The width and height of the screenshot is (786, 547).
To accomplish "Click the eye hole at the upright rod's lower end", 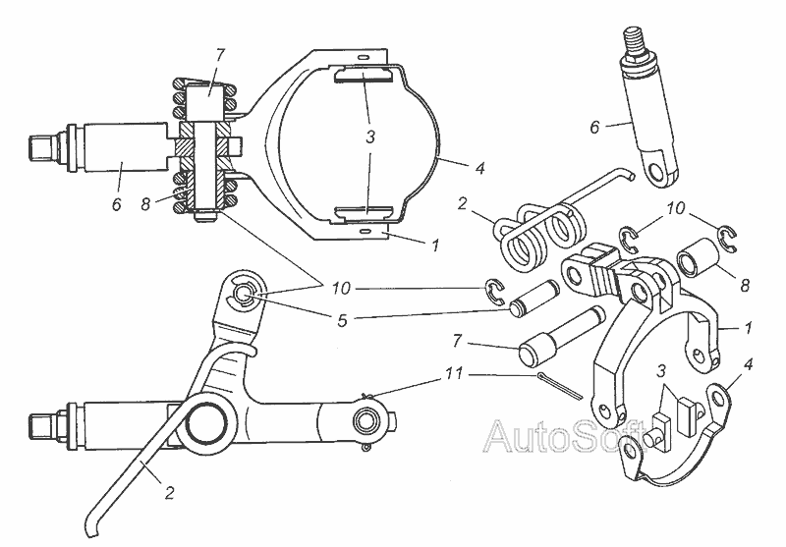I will (x=655, y=174).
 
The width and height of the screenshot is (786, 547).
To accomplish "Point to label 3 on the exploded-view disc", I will (x=660, y=372).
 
